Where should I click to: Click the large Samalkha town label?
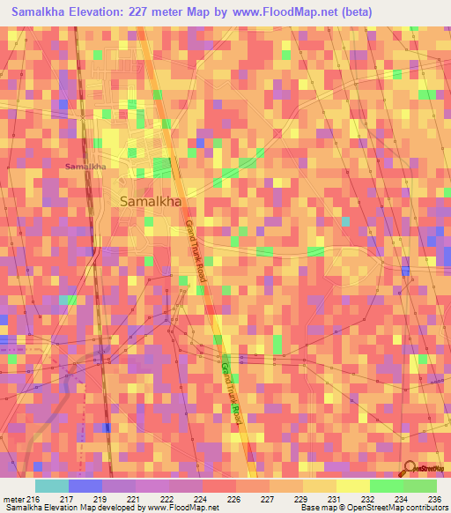(x=150, y=201)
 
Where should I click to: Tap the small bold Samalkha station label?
(x=85, y=166)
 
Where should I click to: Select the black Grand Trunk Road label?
(x=196, y=251)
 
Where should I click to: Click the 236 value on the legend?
(x=432, y=499)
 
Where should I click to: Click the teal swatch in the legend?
(x=51, y=486)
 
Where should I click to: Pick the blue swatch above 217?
(x=85, y=486)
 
